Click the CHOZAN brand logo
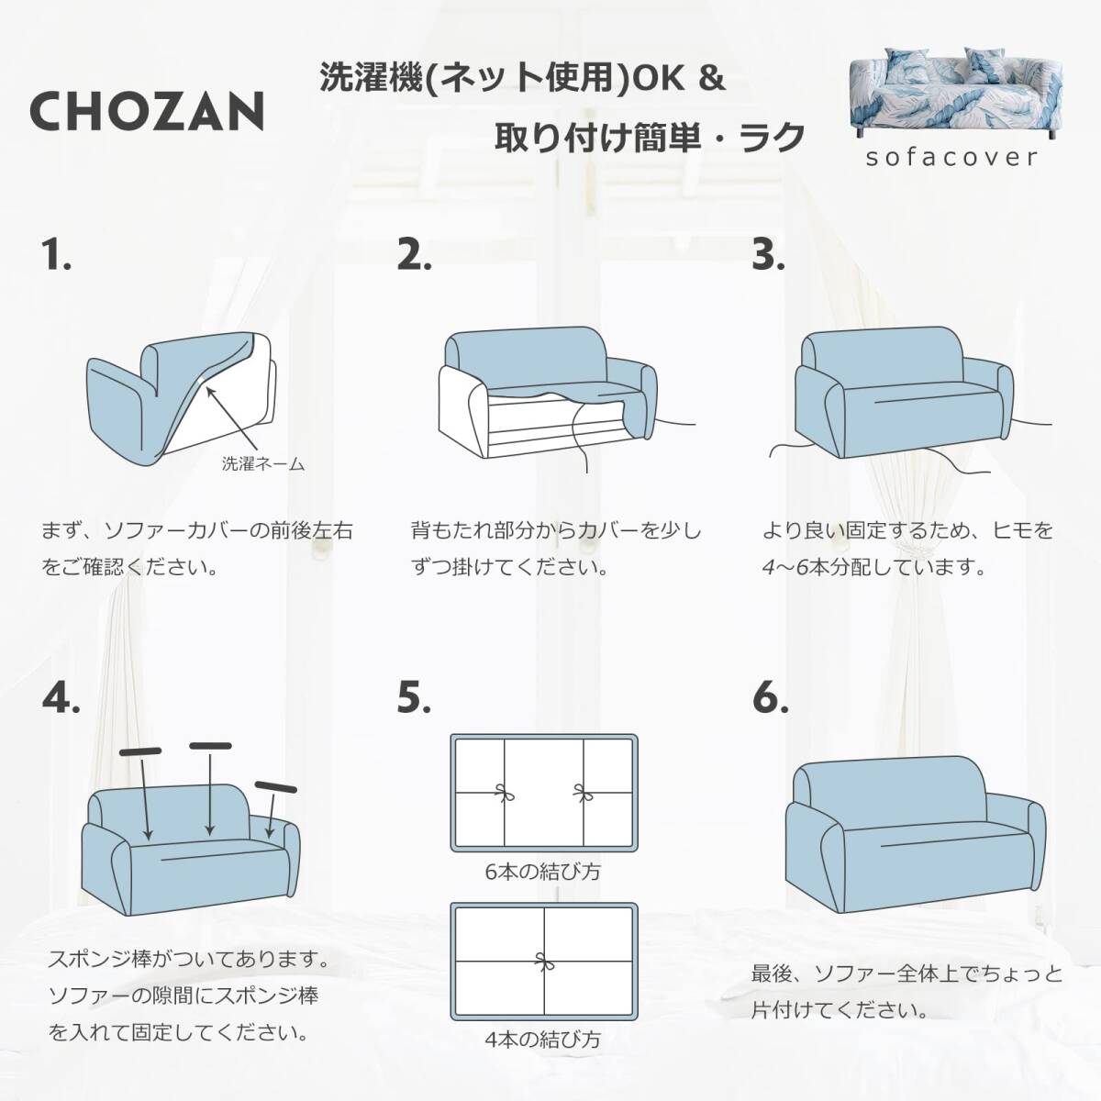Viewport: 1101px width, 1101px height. pyautogui.click(x=148, y=111)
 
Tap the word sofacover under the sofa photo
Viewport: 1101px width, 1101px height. pyautogui.click(x=951, y=157)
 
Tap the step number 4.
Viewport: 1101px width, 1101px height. pyautogui.click(x=61, y=697)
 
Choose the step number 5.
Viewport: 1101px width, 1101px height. pyautogui.click(x=414, y=697)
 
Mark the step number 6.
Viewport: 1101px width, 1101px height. pyautogui.click(x=770, y=697)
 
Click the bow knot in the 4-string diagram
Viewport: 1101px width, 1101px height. pyautogui.click(x=544, y=961)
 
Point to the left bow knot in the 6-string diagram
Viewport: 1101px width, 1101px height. pyautogui.click(x=504, y=793)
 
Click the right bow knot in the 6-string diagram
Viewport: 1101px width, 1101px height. pyautogui.click(x=584, y=793)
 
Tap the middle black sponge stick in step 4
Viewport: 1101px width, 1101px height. pyautogui.click(x=210, y=746)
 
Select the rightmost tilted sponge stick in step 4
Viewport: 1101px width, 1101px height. pyautogui.click(x=276, y=786)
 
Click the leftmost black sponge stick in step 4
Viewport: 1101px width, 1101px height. pyautogui.click(x=140, y=752)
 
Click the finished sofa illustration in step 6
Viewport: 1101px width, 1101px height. pyautogui.click(x=916, y=846)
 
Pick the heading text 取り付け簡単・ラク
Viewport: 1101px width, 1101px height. pyautogui.click(x=650, y=138)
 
